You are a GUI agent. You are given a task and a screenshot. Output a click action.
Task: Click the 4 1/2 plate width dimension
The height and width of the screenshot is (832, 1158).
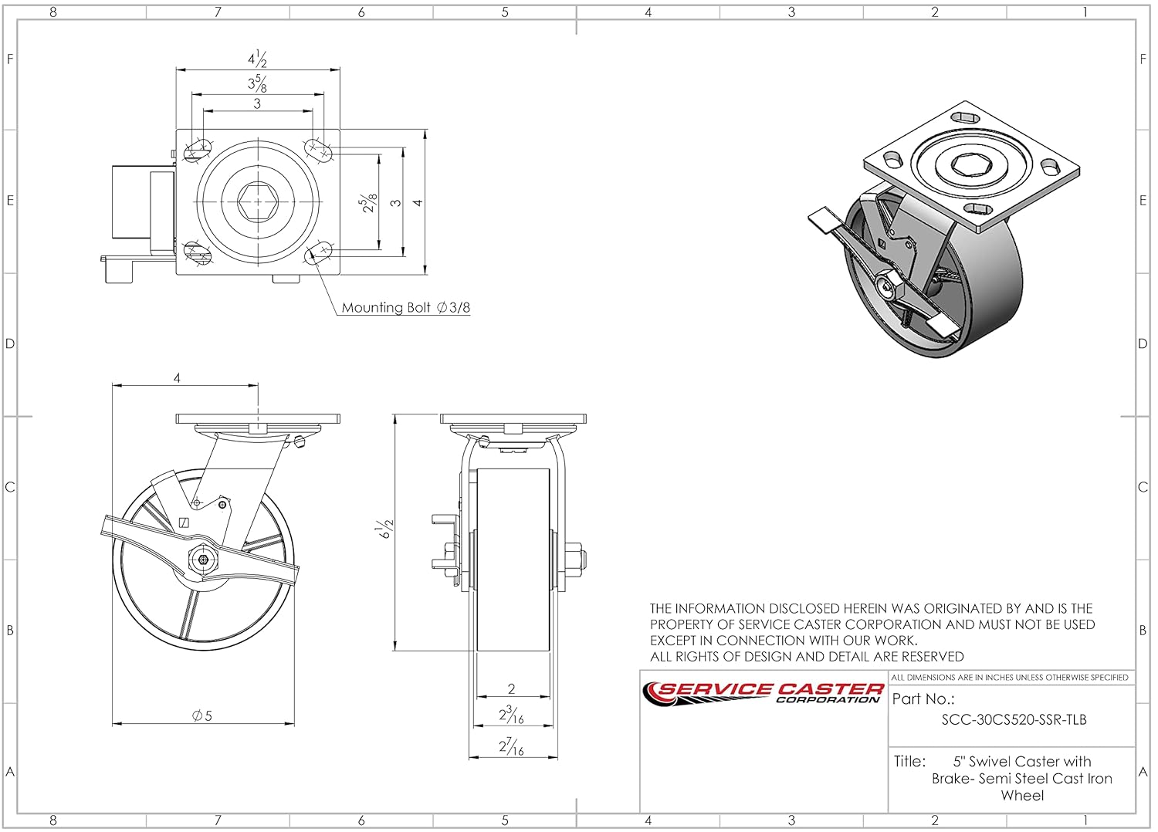(257, 59)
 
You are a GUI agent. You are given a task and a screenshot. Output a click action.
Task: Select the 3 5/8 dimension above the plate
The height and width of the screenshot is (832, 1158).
(257, 83)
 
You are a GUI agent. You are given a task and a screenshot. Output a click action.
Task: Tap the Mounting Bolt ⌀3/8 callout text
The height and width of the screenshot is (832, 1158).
(405, 307)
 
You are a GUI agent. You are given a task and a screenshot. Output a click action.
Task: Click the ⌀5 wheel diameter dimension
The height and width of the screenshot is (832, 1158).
(202, 715)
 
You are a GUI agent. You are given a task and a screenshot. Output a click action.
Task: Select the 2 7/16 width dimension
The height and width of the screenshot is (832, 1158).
(511, 746)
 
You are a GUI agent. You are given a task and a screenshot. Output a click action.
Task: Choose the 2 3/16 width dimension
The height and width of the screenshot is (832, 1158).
(511, 715)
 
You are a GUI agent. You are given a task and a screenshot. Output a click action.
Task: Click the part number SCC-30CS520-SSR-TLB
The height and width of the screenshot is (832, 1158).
(1014, 719)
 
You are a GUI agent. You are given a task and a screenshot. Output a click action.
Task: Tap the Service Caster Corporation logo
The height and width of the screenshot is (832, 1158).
(763, 692)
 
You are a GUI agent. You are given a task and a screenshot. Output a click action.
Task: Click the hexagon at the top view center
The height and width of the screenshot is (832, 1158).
(257, 202)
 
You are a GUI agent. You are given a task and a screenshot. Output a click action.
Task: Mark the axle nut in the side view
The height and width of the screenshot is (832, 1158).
(202, 560)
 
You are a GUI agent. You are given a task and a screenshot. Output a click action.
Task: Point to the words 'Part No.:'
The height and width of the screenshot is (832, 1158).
(923, 699)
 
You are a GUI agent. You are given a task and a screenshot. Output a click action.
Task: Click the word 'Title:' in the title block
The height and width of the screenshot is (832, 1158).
(909, 761)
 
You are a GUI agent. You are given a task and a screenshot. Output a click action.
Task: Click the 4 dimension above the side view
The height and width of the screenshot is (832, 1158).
(178, 378)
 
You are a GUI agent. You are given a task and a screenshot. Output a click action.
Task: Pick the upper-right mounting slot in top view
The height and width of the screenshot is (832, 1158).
(317, 148)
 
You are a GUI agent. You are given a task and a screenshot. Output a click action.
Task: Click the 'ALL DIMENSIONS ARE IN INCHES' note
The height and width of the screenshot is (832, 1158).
(1010, 678)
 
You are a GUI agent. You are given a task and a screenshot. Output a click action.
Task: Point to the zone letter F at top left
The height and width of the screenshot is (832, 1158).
(10, 59)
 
